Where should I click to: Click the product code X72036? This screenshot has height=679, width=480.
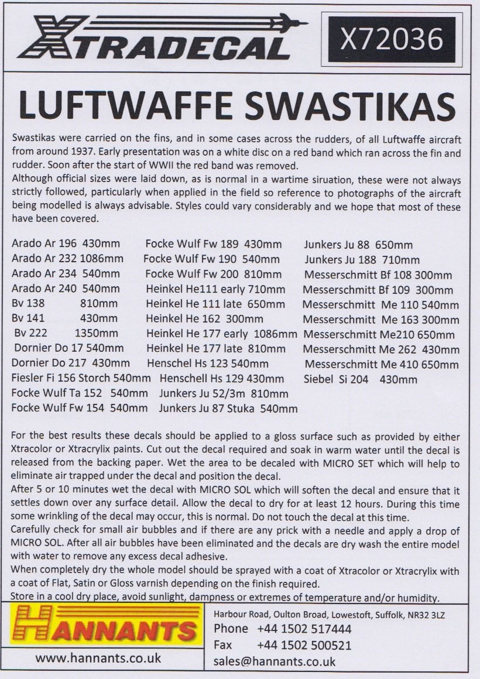click(x=392, y=40)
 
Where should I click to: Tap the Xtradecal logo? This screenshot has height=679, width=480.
click(x=158, y=38)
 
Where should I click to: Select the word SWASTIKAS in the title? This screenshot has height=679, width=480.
click(x=348, y=107)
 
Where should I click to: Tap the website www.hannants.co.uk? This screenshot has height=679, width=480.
click(x=98, y=658)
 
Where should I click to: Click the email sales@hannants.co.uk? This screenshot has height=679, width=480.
click(x=275, y=661)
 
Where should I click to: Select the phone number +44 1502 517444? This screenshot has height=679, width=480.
click(x=304, y=629)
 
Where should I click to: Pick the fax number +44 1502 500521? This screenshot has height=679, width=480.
click(x=304, y=645)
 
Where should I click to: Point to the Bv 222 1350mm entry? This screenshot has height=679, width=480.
click(x=66, y=334)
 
